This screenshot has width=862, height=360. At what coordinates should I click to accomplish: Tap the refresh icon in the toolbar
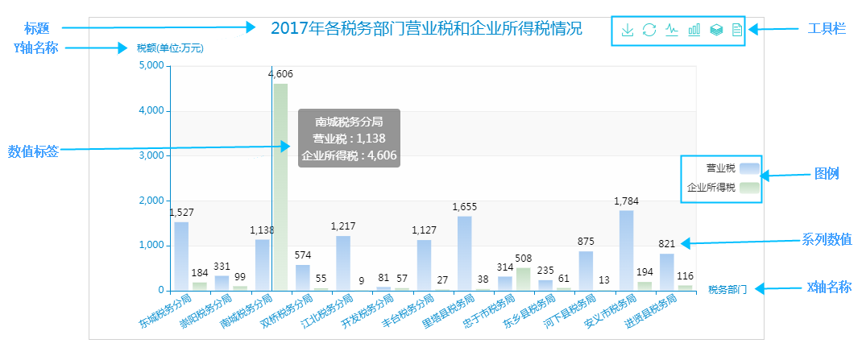pos(649,31)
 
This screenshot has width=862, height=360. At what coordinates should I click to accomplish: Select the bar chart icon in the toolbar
pos(694,31)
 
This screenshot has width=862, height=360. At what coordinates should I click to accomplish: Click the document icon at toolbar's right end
pos(736,31)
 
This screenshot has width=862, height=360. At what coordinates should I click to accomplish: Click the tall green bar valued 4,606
pos(280,186)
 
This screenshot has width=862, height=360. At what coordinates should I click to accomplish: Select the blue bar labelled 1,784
pos(626,250)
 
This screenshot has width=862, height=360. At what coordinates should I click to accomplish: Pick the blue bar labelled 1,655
pos(464,253)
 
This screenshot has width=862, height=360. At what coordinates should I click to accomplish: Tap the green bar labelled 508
pos(524,279)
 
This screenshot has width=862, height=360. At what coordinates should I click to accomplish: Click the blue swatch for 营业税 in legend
pos(749,168)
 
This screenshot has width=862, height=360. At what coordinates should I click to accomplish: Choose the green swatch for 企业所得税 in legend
pos(749,188)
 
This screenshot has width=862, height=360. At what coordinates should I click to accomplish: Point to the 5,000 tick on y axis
pos(151,66)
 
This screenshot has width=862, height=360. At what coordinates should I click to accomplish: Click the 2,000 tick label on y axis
pos(151,201)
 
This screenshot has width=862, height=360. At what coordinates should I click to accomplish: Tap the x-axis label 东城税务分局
pos(166,312)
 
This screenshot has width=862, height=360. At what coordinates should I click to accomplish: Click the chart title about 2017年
pos(426,29)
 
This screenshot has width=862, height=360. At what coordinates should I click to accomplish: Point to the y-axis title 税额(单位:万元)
pos(170,48)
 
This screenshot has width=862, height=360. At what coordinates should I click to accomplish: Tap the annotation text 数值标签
pos(33,151)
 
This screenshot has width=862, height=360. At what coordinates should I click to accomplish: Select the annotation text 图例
pos(827,174)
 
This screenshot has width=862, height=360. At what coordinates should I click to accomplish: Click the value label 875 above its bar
pos(586,241)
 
